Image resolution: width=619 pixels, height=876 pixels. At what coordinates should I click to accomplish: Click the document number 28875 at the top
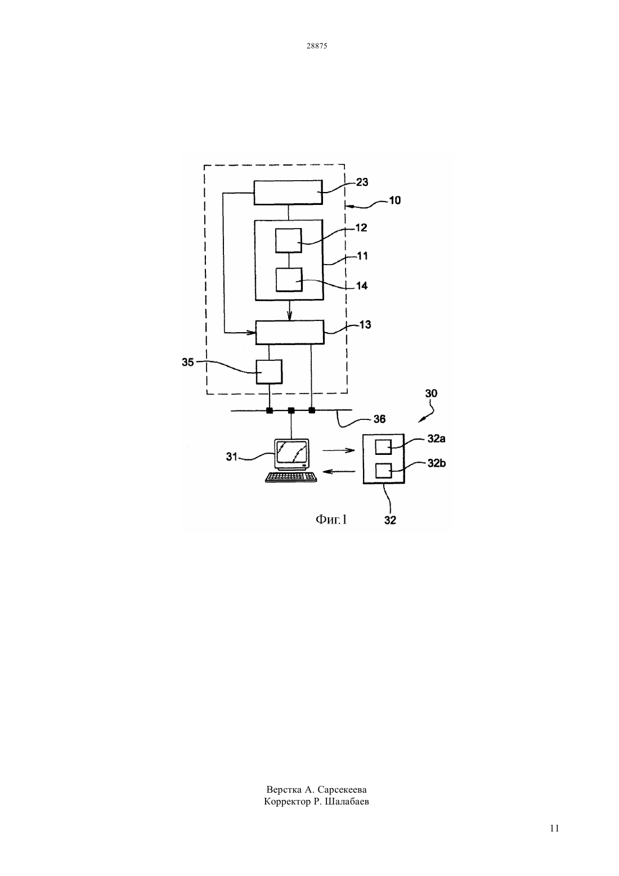[316, 46]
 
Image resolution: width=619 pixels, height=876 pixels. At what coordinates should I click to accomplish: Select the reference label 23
[362, 182]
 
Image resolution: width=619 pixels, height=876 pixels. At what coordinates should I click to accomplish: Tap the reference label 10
[394, 200]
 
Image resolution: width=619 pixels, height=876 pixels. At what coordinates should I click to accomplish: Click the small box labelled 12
[288, 240]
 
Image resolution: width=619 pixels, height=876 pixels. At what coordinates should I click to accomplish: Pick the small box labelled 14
[289, 280]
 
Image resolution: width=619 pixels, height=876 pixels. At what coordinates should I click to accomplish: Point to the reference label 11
[362, 256]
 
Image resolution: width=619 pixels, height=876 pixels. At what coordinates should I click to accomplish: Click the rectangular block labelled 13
[290, 332]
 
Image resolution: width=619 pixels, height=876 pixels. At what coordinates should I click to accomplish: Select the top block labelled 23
[288, 193]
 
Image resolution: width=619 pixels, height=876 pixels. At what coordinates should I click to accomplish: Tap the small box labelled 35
[269, 372]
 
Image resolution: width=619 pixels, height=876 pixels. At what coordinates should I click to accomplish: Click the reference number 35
[188, 363]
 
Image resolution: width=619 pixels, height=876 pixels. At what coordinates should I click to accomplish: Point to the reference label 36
[379, 419]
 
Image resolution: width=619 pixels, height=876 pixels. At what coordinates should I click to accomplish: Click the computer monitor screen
[291, 452]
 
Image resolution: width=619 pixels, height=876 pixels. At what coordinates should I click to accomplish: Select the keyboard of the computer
[291, 477]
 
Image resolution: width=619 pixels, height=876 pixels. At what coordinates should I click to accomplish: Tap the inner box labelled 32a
[383, 446]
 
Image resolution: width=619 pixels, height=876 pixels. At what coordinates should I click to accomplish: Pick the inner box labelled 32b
[383, 471]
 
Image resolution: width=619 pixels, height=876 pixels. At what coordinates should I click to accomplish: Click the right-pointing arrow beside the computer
[338, 450]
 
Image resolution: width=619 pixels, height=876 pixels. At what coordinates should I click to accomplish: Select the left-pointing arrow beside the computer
[340, 472]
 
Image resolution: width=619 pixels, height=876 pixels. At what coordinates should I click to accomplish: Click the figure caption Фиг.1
[331, 519]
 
